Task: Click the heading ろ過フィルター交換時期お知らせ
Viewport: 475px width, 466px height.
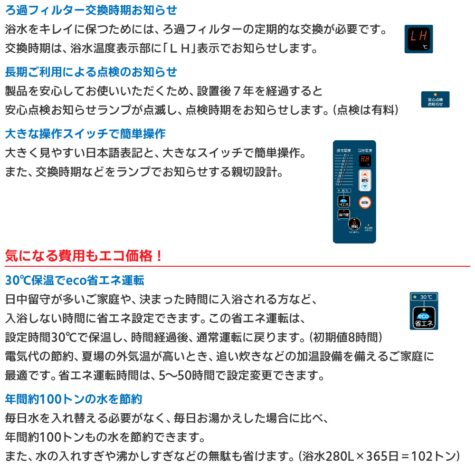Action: (90, 10)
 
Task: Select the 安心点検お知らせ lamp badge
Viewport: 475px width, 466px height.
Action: (435, 99)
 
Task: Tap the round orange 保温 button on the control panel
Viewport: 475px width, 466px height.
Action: (364, 202)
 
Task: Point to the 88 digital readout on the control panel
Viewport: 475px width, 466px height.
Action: (364, 160)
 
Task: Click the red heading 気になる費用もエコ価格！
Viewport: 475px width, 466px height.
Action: (84, 256)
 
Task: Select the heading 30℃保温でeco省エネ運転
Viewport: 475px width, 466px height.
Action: (74, 280)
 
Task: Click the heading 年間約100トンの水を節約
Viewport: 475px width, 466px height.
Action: (73, 398)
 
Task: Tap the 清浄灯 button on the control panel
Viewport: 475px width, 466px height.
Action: (343, 215)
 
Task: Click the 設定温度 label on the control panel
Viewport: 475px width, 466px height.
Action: (343, 150)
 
